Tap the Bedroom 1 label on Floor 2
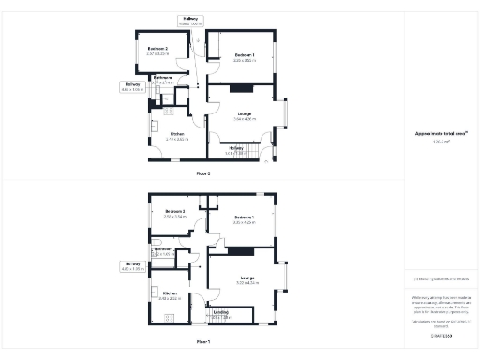(x=245, y=56)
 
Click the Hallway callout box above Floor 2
(x=189, y=21)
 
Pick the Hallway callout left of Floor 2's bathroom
(x=131, y=87)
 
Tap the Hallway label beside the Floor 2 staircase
(x=235, y=149)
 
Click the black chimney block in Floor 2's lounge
(x=241, y=89)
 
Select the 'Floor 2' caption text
(x=203, y=174)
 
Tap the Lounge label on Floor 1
(x=247, y=279)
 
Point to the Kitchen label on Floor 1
(x=170, y=296)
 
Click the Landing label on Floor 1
(x=220, y=314)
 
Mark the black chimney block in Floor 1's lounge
(x=241, y=250)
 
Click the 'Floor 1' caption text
(x=203, y=342)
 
